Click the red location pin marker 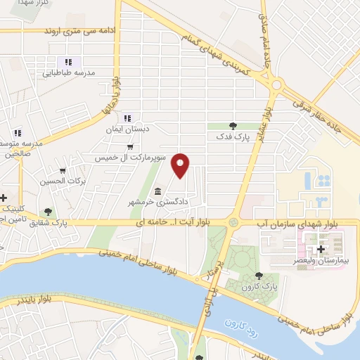181,165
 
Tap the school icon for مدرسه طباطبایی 69,60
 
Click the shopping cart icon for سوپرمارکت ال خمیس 130,146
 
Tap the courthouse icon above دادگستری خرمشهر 157,191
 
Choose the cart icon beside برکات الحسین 63,170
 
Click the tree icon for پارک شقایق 48,211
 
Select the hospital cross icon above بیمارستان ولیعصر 321,249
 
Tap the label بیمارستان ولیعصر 323,260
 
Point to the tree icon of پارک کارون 259,276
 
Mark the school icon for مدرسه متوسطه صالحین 18,131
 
